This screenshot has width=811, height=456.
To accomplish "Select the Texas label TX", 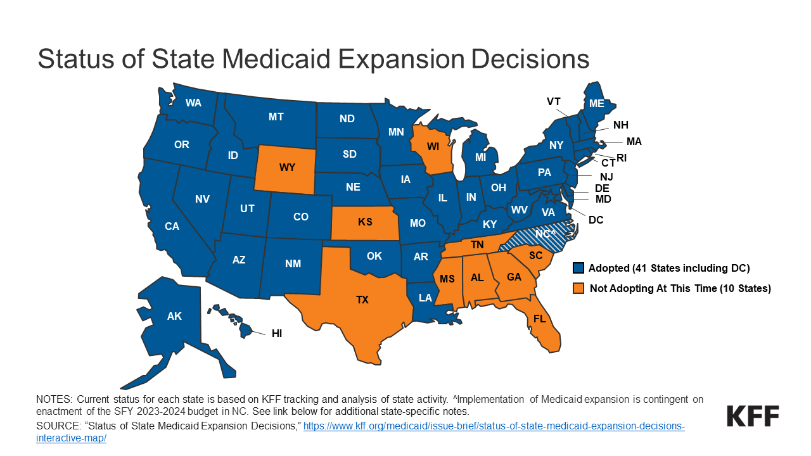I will point(362,300).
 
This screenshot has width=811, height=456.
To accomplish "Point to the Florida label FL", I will point(539,319).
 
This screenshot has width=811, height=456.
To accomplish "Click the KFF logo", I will point(753,416).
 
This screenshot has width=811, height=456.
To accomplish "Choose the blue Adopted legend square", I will point(578,268).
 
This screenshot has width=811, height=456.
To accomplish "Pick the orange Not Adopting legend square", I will point(578,288).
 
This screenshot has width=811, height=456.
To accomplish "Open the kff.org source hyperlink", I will point(494,426).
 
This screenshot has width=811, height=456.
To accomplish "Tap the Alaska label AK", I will point(174,316).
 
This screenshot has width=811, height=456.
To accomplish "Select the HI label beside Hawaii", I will point(277,332).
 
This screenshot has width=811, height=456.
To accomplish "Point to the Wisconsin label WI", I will point(433,146).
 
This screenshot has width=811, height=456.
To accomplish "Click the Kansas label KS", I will point(365,222).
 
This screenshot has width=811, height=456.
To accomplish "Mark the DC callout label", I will point(596,220).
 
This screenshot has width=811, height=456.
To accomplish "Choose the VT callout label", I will point(554,101).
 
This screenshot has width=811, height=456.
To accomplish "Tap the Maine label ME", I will point(596,103).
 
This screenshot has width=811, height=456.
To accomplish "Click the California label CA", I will point(172,226).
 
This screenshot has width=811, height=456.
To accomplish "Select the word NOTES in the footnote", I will point(54,400).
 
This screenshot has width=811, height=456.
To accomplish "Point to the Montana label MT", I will point(276,117).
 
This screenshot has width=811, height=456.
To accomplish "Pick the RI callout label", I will point(622,157).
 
